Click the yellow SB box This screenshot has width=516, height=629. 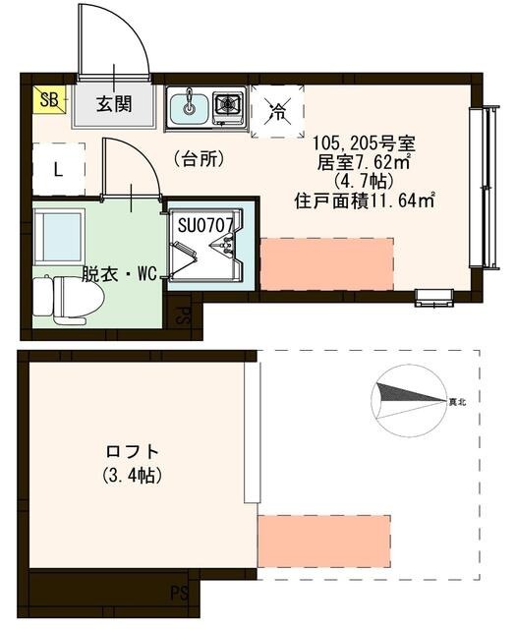pos(47,98)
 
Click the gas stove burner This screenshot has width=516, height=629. pos(228,103)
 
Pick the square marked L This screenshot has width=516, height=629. pos(58,168)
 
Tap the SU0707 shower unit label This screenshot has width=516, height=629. pos(205,225)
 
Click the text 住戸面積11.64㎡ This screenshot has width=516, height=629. pos(365,201)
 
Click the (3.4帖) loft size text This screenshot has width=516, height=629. pos(133,475)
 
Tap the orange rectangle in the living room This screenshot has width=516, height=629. pos(327,263)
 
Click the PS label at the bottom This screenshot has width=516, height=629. pos(180,592)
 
